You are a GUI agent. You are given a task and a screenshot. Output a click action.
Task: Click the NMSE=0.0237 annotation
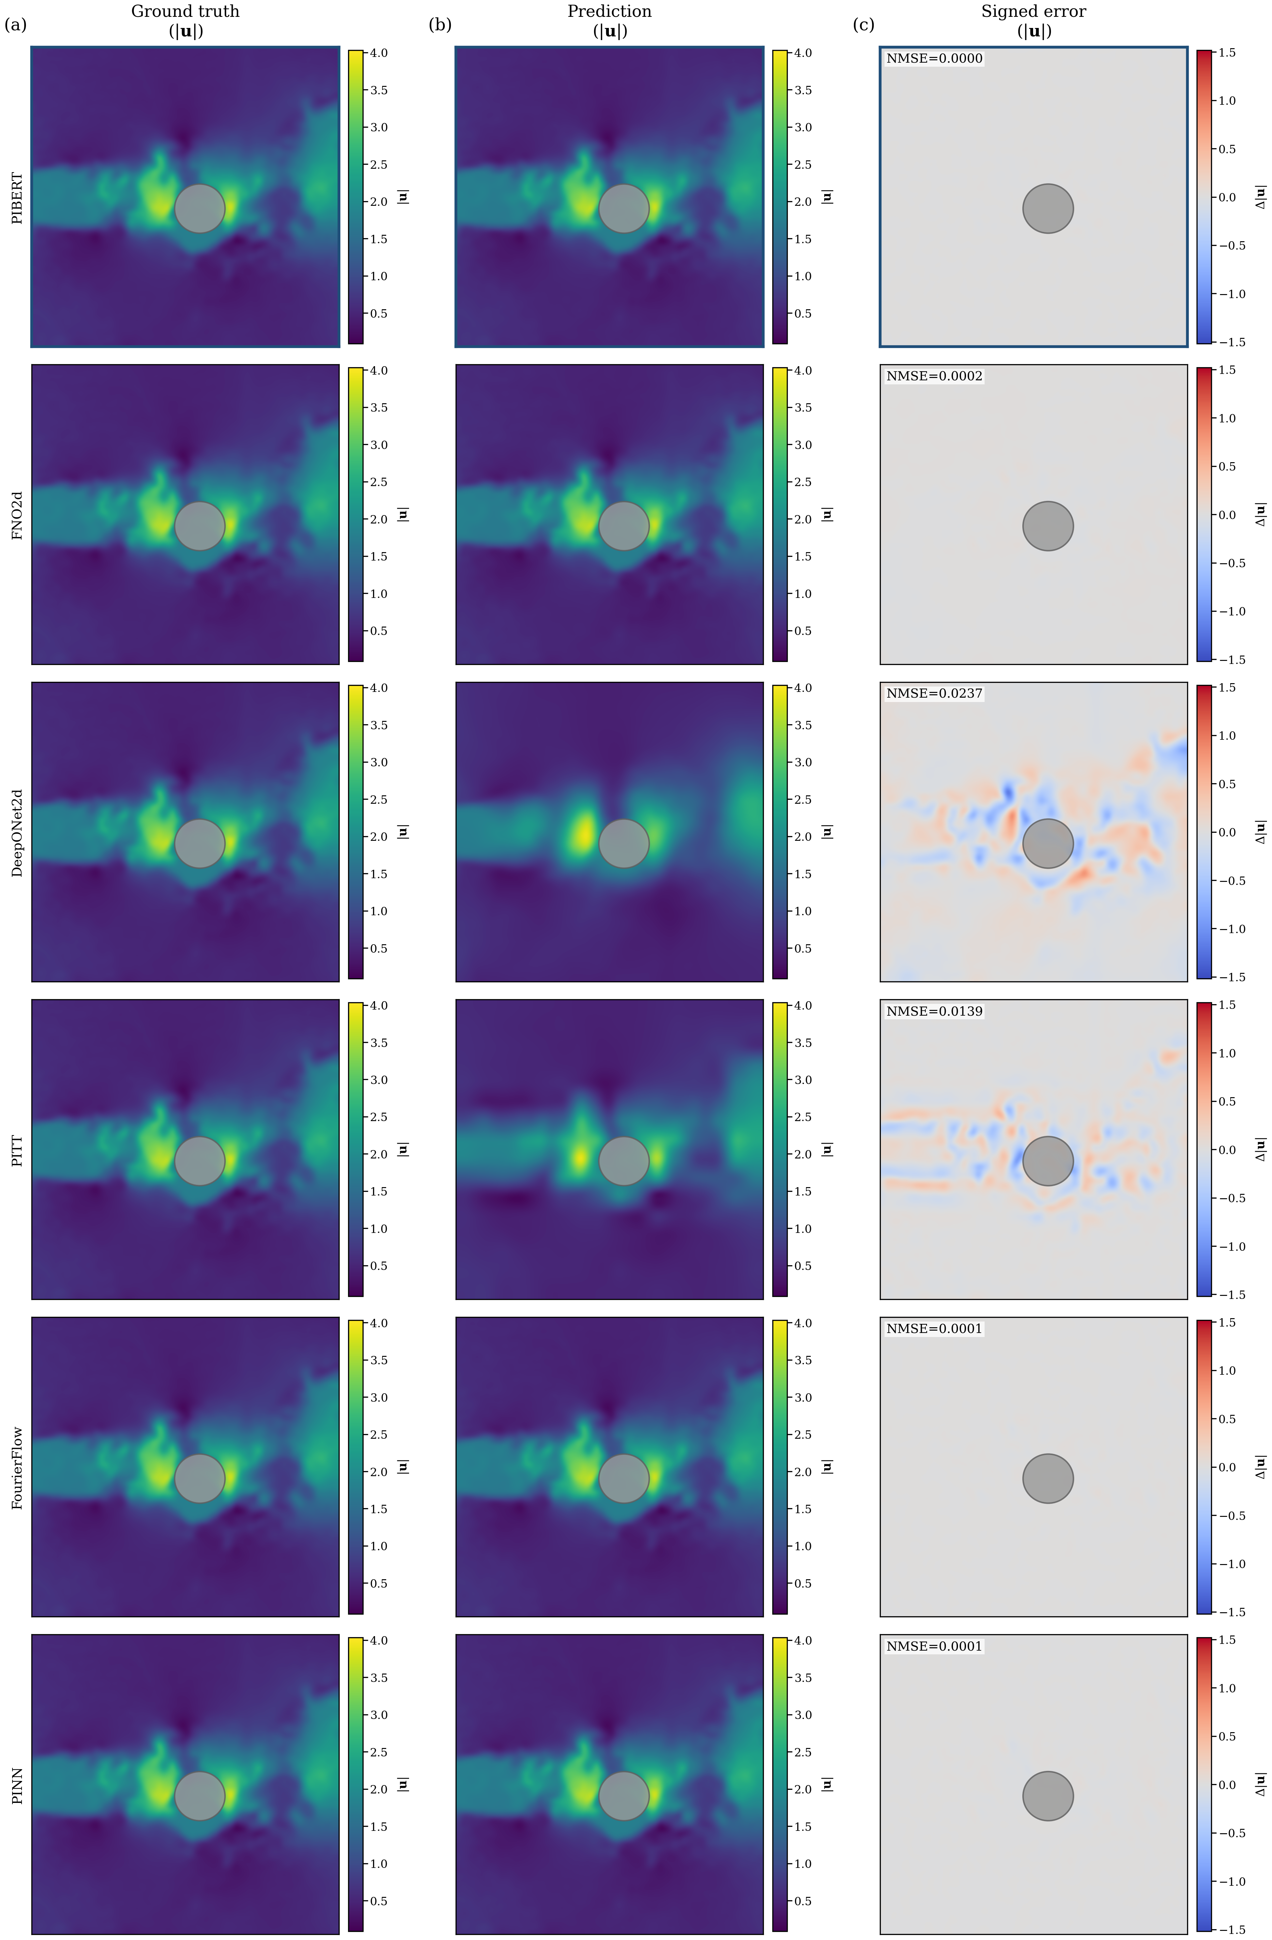pos(934,694)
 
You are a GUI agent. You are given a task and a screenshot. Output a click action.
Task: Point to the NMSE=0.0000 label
pos(934,59)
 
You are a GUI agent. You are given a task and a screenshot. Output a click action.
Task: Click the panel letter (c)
pos(864,25)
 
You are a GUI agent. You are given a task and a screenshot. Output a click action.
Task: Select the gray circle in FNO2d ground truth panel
pos(200,526)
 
